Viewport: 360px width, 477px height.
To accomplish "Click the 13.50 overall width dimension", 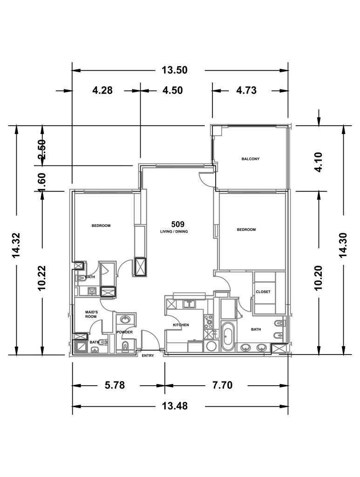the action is pos(174,70).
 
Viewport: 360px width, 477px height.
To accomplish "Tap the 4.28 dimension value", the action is pos(102,90).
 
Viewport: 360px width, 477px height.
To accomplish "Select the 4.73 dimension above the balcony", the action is pos(246,90).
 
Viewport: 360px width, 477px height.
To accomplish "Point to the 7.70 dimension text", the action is pos(222,385).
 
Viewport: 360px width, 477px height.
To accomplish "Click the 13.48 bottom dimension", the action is pos(175,406).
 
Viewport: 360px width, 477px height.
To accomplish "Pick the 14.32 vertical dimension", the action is pos(16,245).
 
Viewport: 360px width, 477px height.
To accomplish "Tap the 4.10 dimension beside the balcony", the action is pos(319,162).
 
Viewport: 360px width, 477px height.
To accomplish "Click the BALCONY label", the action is pos(251,159).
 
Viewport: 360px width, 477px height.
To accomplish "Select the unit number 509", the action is pos(177,225).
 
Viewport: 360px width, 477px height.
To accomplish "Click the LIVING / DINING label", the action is pos(174,232).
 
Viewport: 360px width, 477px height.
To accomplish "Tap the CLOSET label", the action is pos(263,292).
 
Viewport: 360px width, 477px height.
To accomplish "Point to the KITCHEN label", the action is pos(181,325).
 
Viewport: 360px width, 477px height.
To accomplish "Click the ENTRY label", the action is pos(148,355).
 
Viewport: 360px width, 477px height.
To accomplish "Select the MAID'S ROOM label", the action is pos(91,314).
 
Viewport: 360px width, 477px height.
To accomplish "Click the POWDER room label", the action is pos(125,332).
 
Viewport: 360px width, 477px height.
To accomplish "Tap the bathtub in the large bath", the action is pos(228,336).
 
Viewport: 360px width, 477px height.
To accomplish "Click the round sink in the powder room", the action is pos(125,320).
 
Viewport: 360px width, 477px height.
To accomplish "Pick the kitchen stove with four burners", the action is pos(209,322).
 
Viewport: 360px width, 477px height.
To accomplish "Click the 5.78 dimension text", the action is pos(115,385).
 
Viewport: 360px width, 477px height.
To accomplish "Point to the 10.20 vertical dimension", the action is pos(319,278).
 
